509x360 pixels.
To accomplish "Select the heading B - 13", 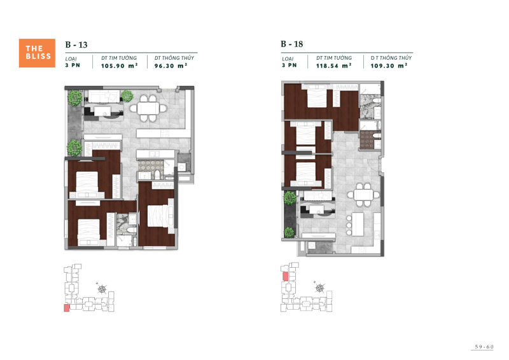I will tap(76, 45).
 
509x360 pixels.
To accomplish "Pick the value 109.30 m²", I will tap(388, 65).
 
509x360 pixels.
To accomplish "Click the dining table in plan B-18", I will tap(364, 195).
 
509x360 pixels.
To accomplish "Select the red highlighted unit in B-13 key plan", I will tap(67, 308).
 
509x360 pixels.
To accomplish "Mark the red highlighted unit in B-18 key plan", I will tap(286, 276).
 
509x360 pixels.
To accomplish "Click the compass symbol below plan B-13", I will tap(102, 289).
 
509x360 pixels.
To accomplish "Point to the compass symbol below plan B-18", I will tap(318, 289).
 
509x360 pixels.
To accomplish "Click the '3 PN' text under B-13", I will tap(72, 65).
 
